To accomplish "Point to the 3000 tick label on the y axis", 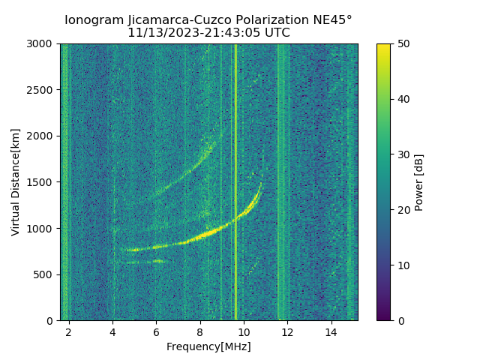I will tap(42, 44).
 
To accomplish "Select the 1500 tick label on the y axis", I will tap(42, 182).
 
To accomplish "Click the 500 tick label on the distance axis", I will tap(45, 274).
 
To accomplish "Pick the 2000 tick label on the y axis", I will tap(42, 136).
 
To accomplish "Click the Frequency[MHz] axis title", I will tap(208, 346).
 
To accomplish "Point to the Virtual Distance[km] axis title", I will tap(16, 182).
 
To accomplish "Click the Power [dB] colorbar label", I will tap(419, 182).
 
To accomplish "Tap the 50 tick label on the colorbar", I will tap(402, 44).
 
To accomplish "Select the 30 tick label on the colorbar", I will tap(402, 154).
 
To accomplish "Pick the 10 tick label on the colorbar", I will tap(402, 265).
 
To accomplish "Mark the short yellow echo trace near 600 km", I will tap(145, 262).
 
